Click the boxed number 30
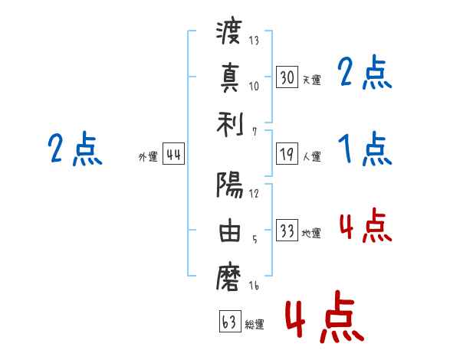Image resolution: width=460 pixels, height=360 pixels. click(x=287, y=77)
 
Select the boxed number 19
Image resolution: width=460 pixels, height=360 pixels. click(x=287, y=154)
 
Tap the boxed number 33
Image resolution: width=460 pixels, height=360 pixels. click(x=287, y=231)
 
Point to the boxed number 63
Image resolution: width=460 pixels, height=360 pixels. click(x=228, y=321)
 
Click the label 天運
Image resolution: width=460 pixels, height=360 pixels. click(x=311, y=79)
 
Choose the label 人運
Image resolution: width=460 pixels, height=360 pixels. click(x=311, y=156)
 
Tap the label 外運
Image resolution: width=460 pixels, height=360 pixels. click(x=148, y=156)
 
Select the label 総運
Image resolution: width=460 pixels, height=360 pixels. click(x=254, y=324)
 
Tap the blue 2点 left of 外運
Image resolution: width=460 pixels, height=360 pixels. click(x=75, y=149)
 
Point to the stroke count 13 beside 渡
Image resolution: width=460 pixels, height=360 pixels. click(x=253, y=41)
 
